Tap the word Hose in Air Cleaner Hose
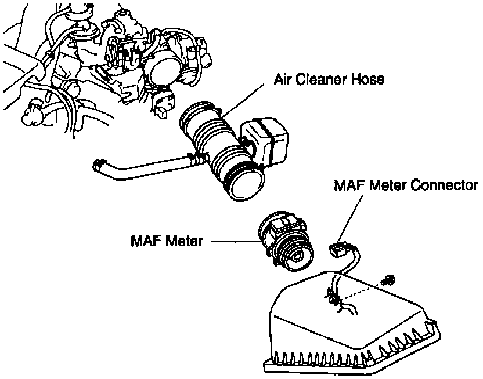click(x=369, y=80)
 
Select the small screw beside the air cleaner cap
click(x=388, y=280)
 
